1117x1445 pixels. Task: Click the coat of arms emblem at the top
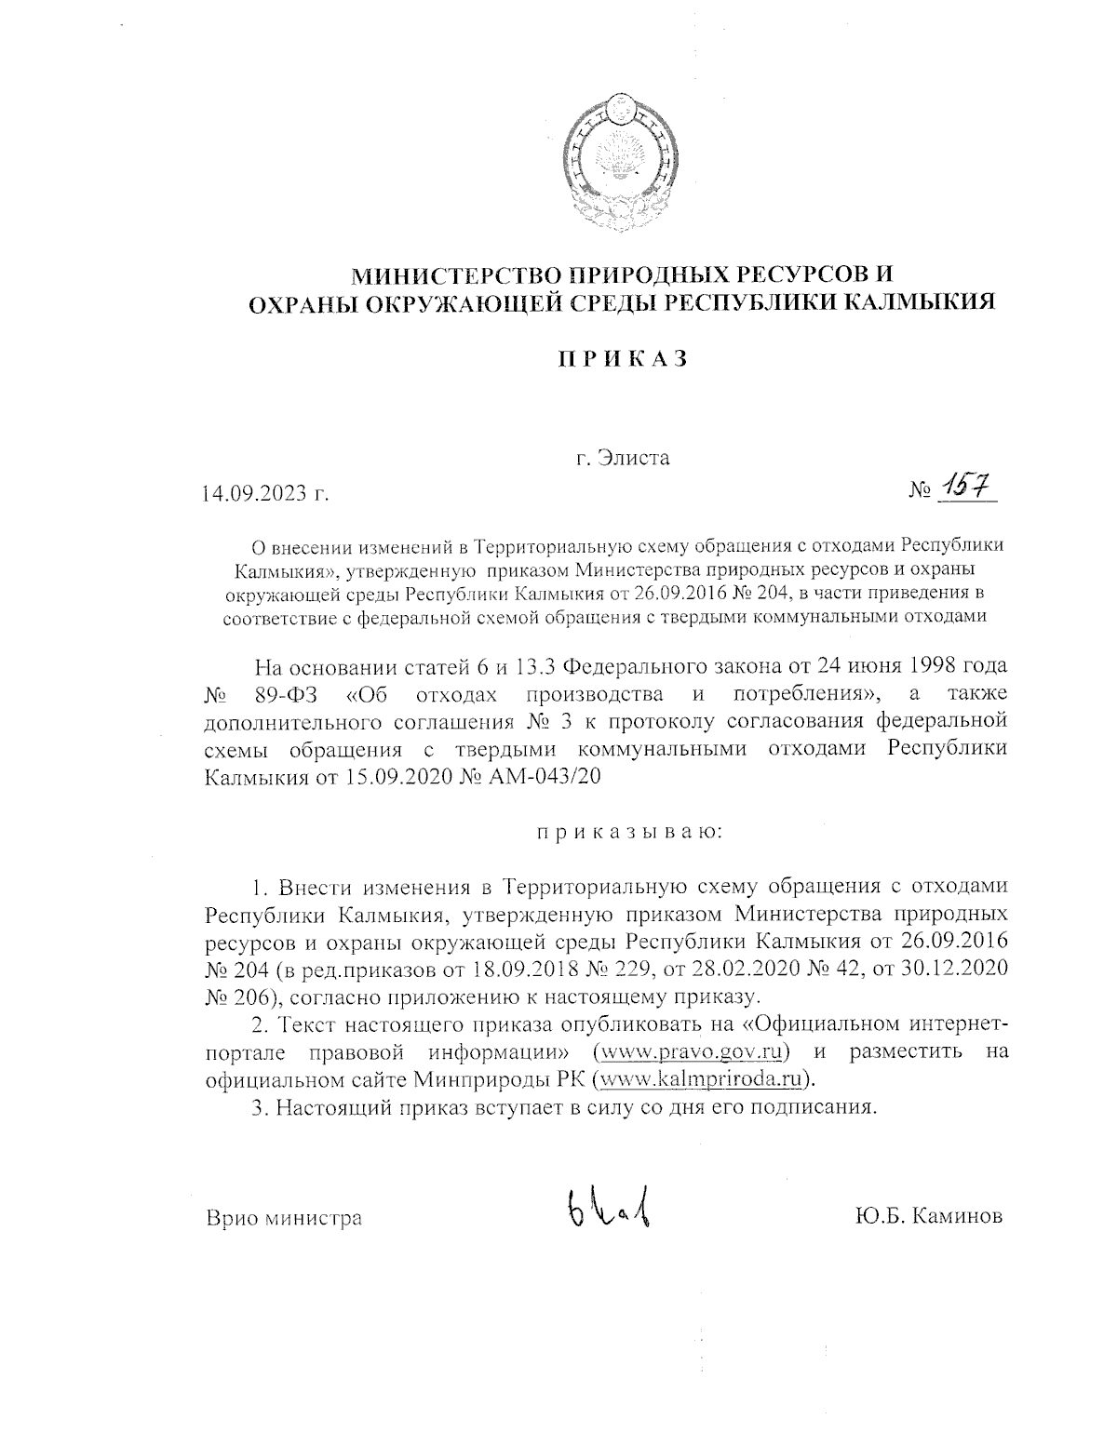click(614, 165)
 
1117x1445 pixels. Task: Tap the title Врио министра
click(283, 1217)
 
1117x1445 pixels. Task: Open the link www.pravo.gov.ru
click(691, 1052)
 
